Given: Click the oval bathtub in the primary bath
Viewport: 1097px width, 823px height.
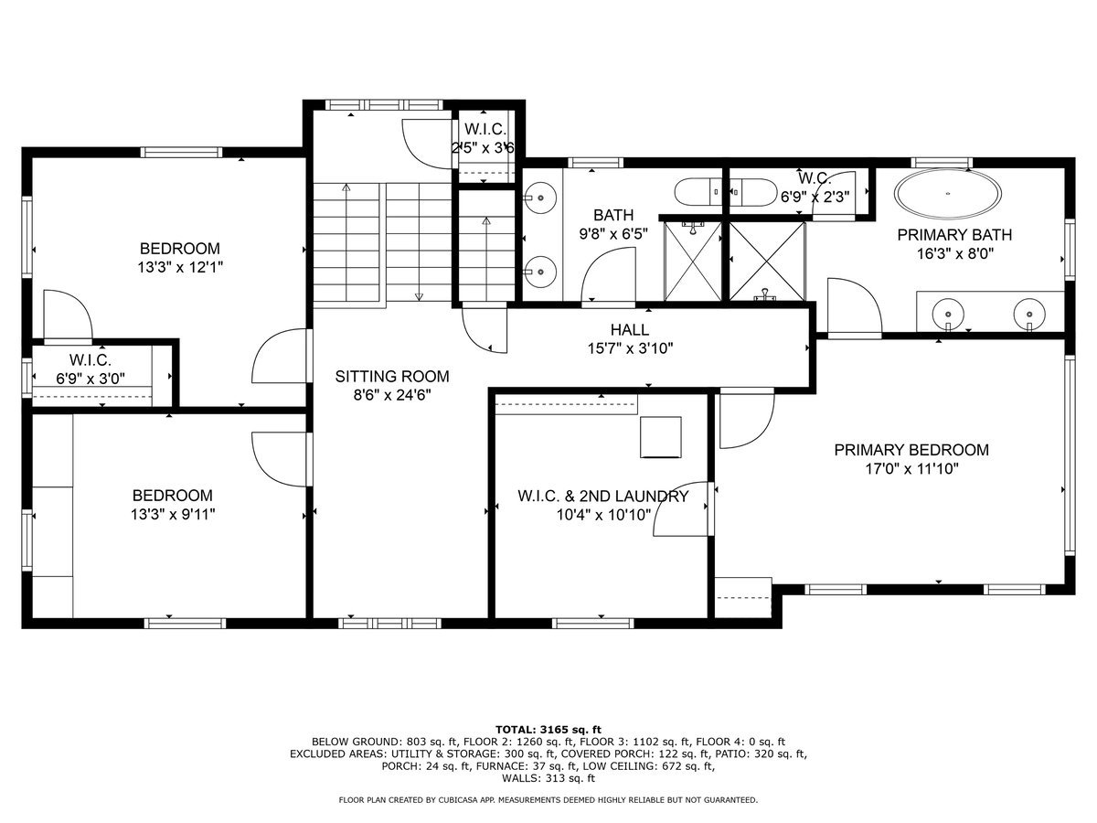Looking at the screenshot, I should pyautogui.click(x=947, y=194).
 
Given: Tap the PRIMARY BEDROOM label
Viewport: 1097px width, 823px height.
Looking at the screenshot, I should pyautogui.click(x=911, y=450).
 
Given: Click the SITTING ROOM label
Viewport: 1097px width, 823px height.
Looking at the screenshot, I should pyautogui.click(x=392, y=376).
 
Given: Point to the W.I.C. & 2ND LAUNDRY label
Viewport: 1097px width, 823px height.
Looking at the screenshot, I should pyautogui.click(x=602, y=497).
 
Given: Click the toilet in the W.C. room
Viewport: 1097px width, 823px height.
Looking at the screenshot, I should pyautogui.click(x=749, y=192).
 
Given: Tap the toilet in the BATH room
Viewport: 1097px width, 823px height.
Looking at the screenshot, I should pyautogui.click(x=697, y=192).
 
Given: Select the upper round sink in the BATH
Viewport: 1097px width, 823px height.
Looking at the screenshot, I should pyautogui.click(x=542, y=195).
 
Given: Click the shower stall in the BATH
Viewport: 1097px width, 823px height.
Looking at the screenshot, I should pyautogui.click(x=691, y=261).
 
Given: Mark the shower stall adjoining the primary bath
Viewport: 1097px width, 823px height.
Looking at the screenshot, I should pyautogui.click(x=767, y=261).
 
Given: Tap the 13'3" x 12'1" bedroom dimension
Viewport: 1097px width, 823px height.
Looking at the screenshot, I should pyautogui.click(x=179, y=267).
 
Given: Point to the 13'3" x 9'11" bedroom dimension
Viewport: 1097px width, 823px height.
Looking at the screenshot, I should pyautogui.click(x=172, y=514).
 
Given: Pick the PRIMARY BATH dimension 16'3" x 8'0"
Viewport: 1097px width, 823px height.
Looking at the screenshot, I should pyautogui.click(x=953, y=253).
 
